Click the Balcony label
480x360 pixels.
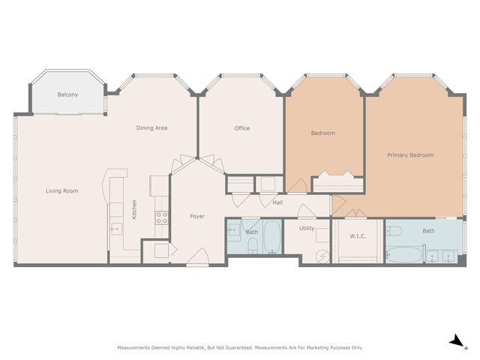click(67, 94)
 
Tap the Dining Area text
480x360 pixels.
click(151, 128)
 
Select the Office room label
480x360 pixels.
click(241, 128)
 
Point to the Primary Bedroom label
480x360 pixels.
click(410, 155)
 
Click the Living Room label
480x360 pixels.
click(61, 190)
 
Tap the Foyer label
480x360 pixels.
click(197, 216)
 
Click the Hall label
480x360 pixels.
click(277, 202)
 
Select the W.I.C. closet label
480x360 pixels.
click(357, 236)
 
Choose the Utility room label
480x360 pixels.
click(307, 228)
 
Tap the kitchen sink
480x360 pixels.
click(115, 227)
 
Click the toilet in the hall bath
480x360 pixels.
click(232, 231)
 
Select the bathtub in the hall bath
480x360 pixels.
click(271, 238)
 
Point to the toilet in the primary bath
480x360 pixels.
click(397, 229)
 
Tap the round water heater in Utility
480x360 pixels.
click(322, 256)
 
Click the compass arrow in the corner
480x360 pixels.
click(455, 341)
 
